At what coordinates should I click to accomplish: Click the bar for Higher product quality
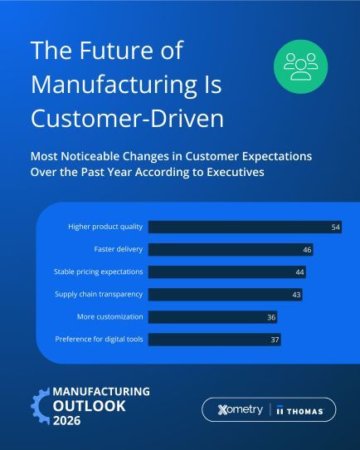coord(241,227)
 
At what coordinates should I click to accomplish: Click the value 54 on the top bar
coord(336,227)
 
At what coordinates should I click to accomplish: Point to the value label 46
coord(307,249)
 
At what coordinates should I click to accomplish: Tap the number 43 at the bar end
coord(296,294)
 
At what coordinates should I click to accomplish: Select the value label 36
coord(270,316)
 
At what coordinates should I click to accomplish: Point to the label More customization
coord(111,316)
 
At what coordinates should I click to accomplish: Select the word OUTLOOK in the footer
coord(90,406)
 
